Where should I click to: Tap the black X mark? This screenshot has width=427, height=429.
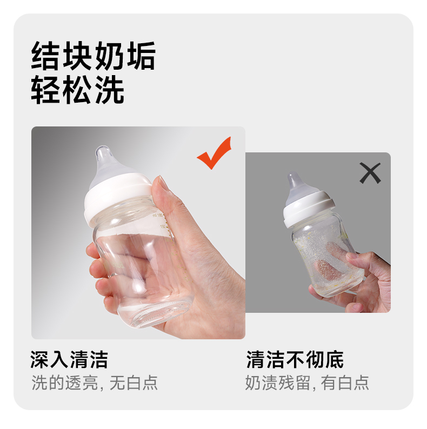(x=370, y=173)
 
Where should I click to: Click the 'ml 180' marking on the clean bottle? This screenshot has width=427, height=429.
(x=158, y=216)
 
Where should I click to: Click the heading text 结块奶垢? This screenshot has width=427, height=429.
(x=94, y=56)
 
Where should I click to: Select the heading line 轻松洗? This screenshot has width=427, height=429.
(x=78, y=90)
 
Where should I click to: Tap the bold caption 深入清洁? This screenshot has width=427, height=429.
(x=69, y=359)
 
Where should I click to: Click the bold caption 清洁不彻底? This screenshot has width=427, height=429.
(x=295, y=359)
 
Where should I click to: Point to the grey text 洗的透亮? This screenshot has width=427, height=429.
(x=65, y=383)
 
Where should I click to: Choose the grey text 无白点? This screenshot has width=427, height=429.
(x=134, y=383)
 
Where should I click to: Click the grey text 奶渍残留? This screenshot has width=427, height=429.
(x=278, y=383)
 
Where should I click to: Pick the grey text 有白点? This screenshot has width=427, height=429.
(x=345, y=383)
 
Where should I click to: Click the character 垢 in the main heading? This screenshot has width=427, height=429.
(x=141, y=56)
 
